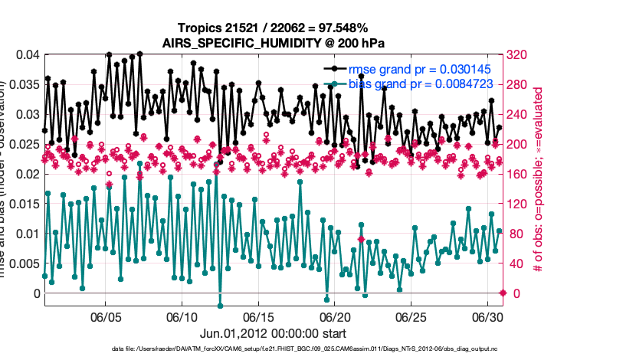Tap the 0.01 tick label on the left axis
coord(26,234)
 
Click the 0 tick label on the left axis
coord(34,293)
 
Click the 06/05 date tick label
coord(107,316)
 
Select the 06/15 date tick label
coord(259,316)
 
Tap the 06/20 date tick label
coord(335,316)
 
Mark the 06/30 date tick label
coord(487,316)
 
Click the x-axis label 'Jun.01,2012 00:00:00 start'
coord(273,333)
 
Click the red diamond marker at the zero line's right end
coord(503,293)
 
